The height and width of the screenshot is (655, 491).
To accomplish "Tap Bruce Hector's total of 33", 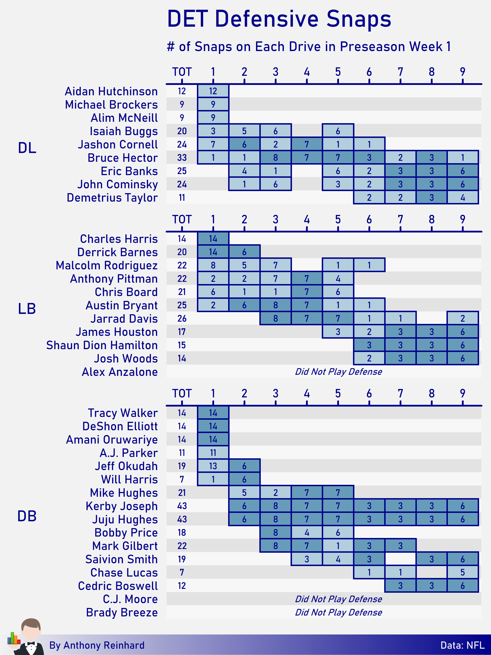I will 182,158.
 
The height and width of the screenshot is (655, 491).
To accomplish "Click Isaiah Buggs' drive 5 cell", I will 338,131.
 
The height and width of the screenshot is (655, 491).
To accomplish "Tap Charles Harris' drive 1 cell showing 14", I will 213,239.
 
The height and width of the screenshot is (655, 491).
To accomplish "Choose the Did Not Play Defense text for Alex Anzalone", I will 338,372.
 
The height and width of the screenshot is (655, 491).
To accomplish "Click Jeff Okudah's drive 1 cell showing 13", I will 213,466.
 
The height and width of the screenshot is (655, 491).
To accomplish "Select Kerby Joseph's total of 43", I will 182,506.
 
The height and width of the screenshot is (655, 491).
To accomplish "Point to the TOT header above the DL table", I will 182,72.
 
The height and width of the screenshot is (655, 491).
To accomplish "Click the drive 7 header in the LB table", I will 400,220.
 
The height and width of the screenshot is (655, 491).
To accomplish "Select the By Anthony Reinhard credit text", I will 97,645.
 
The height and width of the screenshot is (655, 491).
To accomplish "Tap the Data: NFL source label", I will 462,645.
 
